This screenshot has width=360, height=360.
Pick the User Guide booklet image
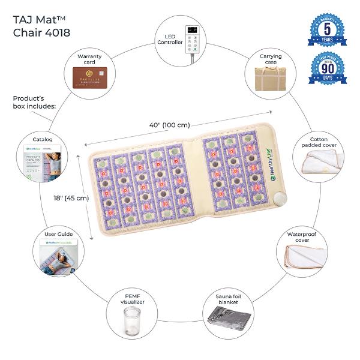[58, 257]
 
